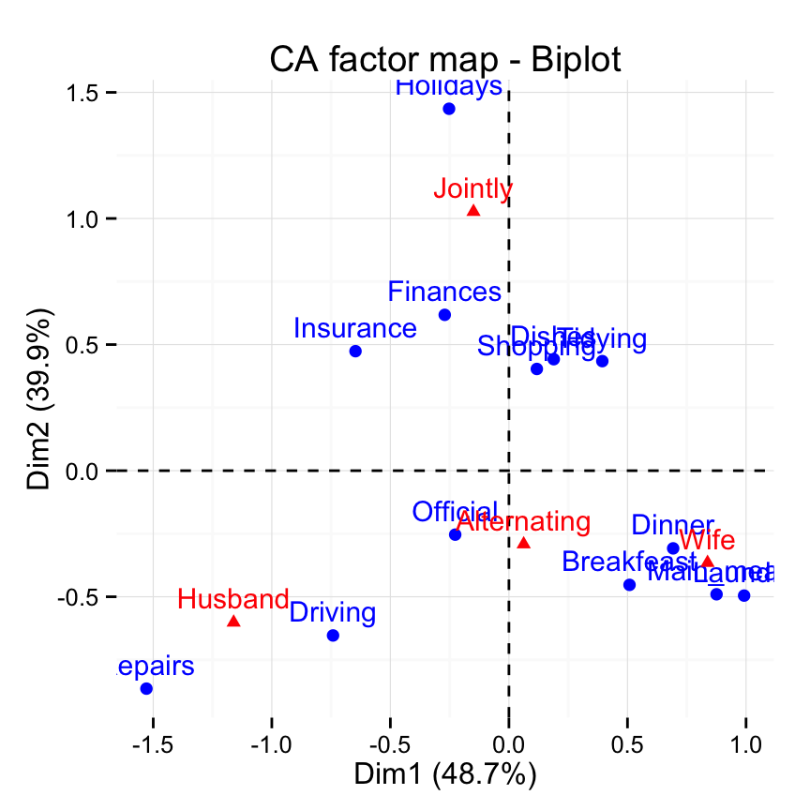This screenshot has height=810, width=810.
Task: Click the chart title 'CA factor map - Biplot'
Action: click(445, 59)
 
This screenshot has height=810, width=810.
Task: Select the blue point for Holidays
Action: click(449, 109)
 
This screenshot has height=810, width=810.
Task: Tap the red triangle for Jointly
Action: click(473, 211)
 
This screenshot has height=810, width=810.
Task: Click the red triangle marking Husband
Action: click(233, 622)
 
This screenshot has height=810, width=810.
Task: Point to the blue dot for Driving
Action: click(333, 636)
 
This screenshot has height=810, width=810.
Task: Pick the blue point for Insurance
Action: click(355, 352)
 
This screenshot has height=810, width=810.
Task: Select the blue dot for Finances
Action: click(444, 315)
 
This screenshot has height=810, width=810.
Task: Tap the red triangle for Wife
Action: click(707, 562)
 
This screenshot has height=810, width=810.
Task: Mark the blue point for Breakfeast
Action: click(629, 585)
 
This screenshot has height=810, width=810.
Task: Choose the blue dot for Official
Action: click(455, 534)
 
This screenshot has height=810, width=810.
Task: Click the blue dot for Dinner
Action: click(673, 548)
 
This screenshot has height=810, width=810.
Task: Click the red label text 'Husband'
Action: click(233, 599)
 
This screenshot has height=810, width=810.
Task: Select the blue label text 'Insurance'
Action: click(354, 329)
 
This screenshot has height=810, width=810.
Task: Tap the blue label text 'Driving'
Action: click(333, 614)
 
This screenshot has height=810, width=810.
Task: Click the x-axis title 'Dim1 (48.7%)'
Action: click(445, 775)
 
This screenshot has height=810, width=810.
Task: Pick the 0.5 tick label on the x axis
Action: click(627, 746)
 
